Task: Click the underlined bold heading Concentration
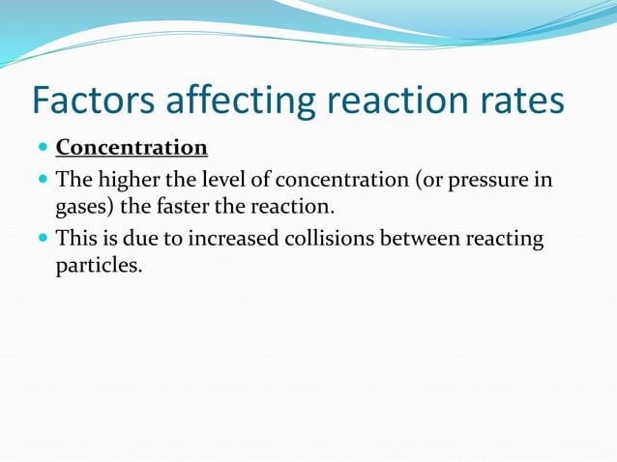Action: [132, 148]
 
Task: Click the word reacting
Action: [504, 239]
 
